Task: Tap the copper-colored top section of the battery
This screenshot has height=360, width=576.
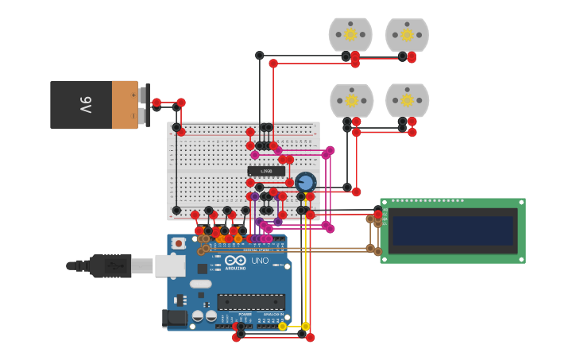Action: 125,105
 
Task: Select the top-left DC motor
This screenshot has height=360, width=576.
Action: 350,35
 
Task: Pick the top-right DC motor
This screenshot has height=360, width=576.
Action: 407,35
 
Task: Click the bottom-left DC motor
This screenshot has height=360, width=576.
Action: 351,101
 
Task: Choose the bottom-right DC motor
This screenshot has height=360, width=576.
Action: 407,101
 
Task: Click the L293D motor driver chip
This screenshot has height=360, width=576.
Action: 266,171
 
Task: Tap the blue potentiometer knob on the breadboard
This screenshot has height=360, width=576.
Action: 306,182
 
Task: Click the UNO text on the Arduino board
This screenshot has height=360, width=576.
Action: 260,261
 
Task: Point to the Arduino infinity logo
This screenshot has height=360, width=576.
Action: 235,260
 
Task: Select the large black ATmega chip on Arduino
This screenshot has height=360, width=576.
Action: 251,302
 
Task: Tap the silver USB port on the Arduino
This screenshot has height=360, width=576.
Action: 169,265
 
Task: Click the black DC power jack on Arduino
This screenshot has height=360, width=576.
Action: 174,318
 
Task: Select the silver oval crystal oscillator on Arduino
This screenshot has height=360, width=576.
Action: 201,284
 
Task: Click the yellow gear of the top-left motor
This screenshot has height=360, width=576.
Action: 350,34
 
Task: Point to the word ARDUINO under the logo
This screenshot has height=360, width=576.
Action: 235,268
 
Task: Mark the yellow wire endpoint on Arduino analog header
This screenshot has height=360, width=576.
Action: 282,326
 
